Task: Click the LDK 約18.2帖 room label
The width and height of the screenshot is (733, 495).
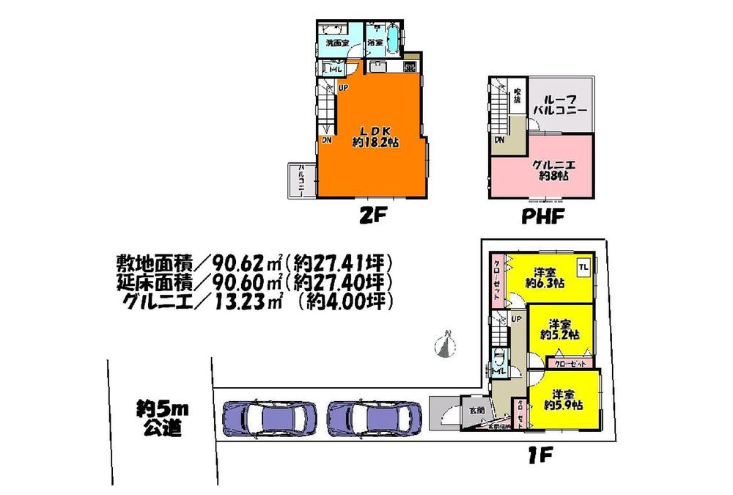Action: [375, 137]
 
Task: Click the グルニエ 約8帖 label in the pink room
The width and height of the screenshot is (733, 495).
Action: [553, 170]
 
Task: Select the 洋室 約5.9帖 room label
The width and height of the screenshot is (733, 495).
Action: [563, 398]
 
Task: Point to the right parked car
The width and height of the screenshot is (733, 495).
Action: [373, 419]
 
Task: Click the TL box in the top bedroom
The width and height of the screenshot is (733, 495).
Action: [584, 266]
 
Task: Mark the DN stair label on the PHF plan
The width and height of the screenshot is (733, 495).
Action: [498, 139]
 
